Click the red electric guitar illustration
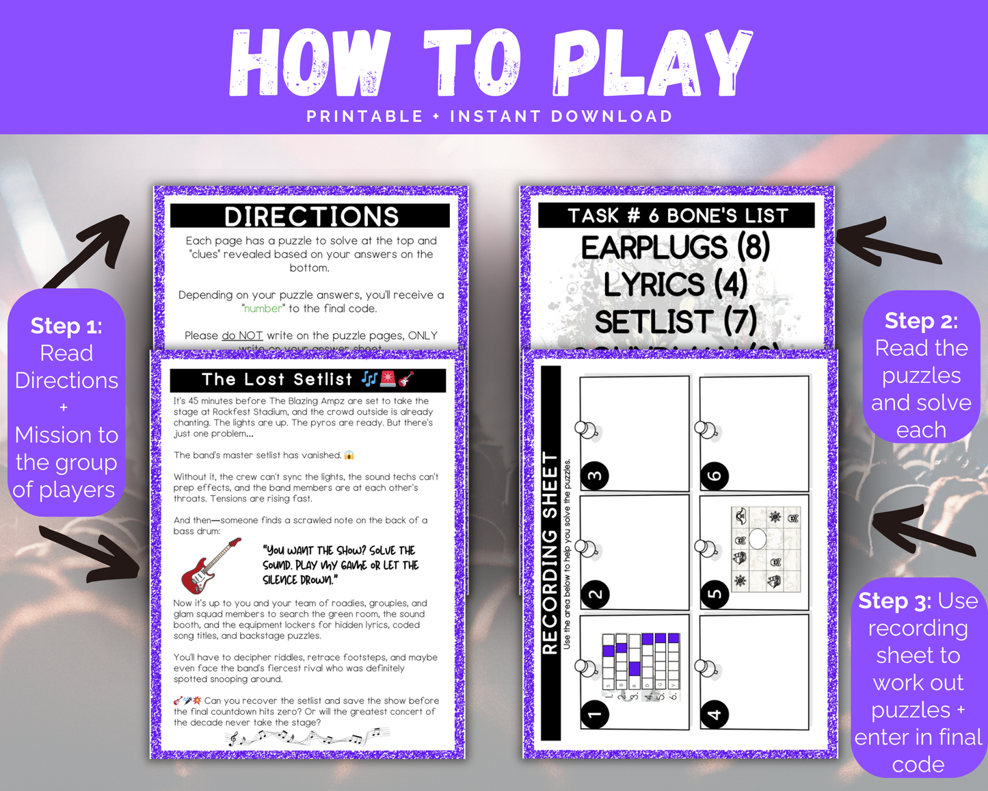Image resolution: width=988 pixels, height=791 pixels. (x=211, y=565)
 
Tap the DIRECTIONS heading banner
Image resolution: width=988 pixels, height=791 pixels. (x=311, y=216)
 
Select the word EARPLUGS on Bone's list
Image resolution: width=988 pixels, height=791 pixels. (x=654, y=248)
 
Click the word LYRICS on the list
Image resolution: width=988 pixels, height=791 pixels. (x=654, y=285)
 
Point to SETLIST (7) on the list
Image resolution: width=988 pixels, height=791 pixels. (x=676, y=322)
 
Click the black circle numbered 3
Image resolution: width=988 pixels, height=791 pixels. (x=594, y=476)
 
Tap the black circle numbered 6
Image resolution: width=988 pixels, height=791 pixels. (x=715, y=476)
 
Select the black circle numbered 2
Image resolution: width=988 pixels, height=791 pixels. (x=594, y=594)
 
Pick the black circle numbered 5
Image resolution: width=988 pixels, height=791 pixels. (x=715, y=594)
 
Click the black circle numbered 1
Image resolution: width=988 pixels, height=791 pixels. (x=594, y=714)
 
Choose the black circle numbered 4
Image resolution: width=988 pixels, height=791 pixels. (x=715, y=714)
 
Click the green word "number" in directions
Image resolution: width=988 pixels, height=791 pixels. (x=263, y=309)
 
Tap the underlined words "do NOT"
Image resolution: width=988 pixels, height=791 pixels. (x=242, y=335)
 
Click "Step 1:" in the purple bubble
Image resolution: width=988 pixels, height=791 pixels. (x=66, y=326)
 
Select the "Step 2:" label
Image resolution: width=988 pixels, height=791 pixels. (x=921, y=320)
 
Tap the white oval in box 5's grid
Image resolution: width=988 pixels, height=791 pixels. (x=758, y=539)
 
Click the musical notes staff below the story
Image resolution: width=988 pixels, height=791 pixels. (x=308, y=737)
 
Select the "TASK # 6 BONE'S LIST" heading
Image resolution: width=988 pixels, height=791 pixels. (x=677, y=216)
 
